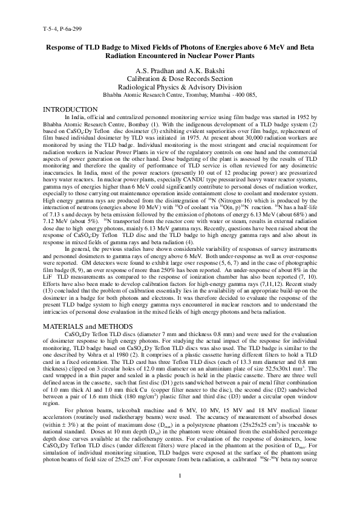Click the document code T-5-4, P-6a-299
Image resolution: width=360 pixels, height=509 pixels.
click(x=63, y=28)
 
